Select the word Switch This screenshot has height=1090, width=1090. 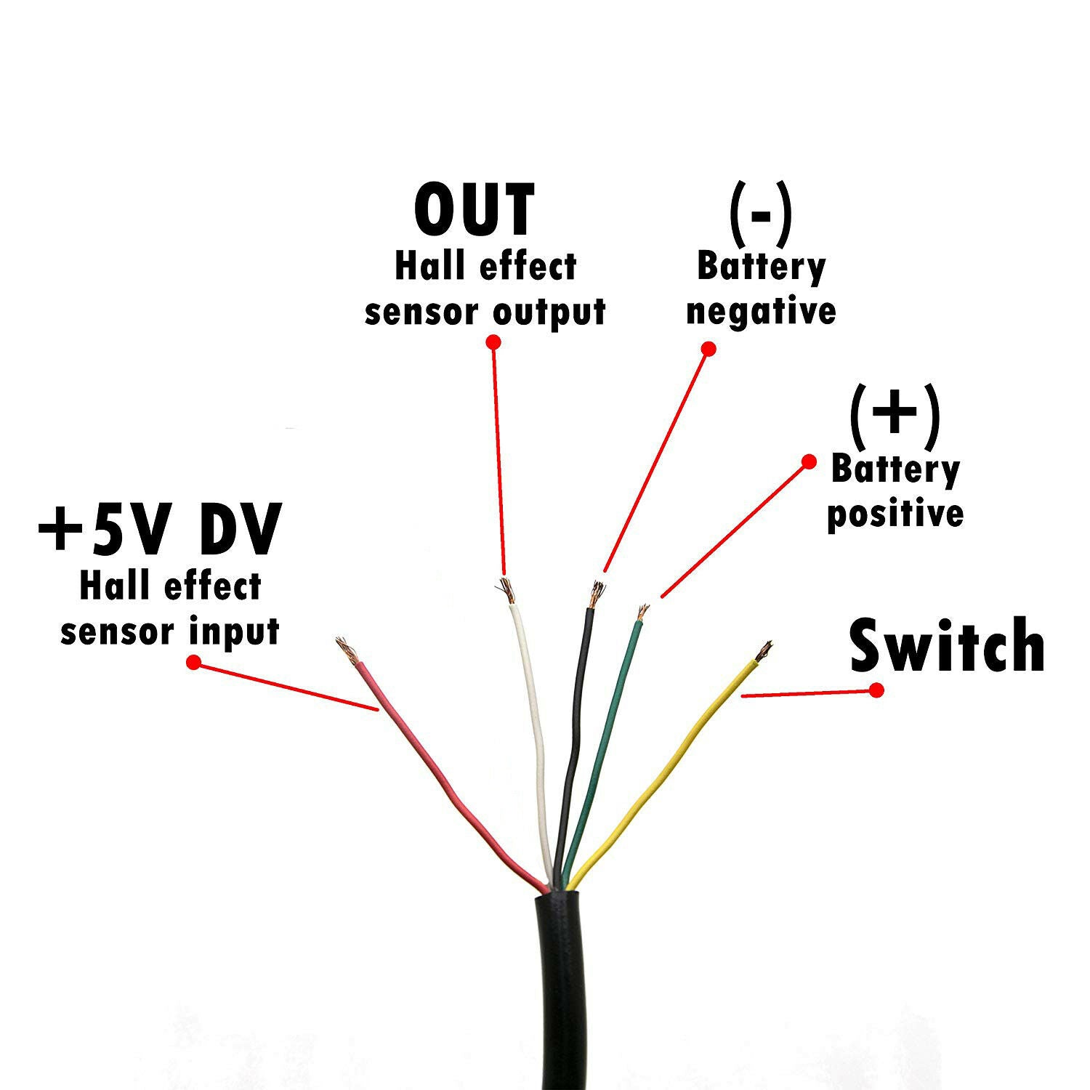pyautogui.click(x=947, y=645)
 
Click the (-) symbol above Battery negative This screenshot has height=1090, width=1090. pyautogui.click(x=760, y=216)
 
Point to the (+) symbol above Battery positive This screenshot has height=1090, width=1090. pyautogui.click(x=894, y=416)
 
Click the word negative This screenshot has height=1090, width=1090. pyautogui.click(x=761, y=311)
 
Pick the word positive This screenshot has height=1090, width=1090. pyautogui.click(x=895, y=514)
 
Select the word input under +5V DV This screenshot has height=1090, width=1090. pyautogui.click(x=234, y=631)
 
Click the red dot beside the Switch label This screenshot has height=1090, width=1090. pyautogui.click(x=877, y=690)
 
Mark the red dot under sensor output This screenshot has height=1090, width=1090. pyautogui.click(x=493, y=342)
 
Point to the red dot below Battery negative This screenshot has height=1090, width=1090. pyautogui.click(x=709, y=349)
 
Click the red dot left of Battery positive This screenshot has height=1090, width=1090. pyautogui.click(x=809, y=461)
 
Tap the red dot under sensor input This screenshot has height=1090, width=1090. pyautogui.click(x=193, y=663)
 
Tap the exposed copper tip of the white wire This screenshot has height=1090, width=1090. pyautogui.click(x=507, y=590)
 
